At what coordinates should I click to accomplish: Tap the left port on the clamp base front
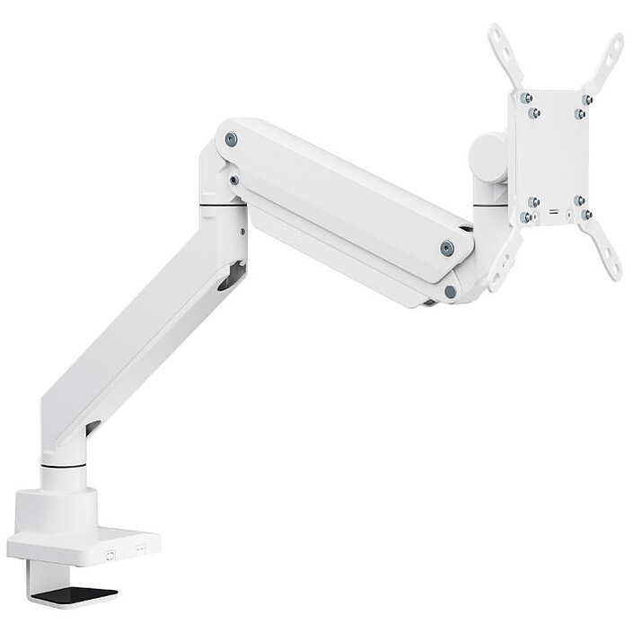pyautogui.click(x=110, y=554)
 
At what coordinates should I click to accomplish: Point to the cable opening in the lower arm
pyautogui.click(x=231, y=276)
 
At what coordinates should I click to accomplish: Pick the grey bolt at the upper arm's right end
pyautogui.click(x=446, y=249)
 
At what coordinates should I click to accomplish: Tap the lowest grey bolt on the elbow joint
pyautogui.click(x=450, y=292)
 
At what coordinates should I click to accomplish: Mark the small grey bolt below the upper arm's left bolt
pyautogui.click(x=234, y=180)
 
